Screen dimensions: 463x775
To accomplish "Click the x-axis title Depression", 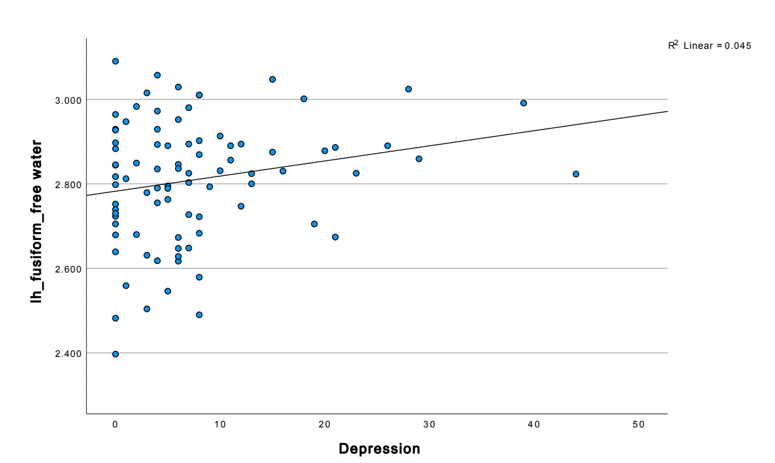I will (x=379, y=449).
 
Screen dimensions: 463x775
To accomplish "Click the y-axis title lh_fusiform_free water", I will (x=37, y=221).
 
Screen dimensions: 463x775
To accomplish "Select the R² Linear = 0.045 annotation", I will (x=709, y=46).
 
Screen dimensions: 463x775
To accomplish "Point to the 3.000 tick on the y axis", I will (x=67, y=99).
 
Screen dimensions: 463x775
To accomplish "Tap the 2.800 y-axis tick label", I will (x=67, y=184).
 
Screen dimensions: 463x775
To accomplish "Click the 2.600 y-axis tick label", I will (x=67, y=268).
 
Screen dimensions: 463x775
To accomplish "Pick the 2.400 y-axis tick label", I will (x=67, y=353).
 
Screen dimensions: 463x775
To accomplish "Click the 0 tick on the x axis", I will (x=115, y=425).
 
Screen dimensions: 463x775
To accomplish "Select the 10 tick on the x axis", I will (x=220, y=425).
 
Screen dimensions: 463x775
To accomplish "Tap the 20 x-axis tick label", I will (x=325, y=425).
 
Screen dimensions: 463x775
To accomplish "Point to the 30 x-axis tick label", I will (x=429, y=425).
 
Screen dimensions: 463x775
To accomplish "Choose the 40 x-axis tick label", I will (x=534, y=425).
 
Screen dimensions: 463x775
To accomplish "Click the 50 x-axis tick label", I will (x=639, y=425).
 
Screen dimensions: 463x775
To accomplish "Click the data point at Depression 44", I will (x=576, y=174).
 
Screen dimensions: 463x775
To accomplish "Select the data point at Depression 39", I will (x=523, y=103).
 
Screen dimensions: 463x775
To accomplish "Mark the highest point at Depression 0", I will (x=115, y=61).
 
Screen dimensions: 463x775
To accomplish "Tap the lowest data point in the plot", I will (x=115, y=354).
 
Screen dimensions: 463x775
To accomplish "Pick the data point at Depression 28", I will (x=408, y=89).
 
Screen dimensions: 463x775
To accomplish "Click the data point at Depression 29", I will (x=419, y=159).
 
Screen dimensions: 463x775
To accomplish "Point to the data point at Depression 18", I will (x=304, y=99).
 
